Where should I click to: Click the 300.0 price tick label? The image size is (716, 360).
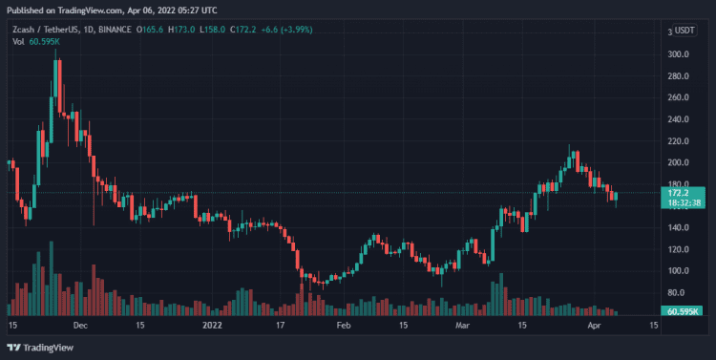click(x=679, y=54)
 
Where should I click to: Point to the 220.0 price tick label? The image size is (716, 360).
click(x=679, y=141)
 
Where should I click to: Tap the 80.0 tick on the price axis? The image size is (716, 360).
click(x=681, y=292)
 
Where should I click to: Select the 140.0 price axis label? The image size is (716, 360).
click(x=679, y=227)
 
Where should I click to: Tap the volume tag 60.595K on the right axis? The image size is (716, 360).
click(x=683, y=311)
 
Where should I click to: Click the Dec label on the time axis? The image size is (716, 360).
click(x=80, y=326)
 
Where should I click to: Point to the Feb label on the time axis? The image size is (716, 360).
click(x=345, y=326)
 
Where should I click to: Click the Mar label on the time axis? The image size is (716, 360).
click(x=462, y=326)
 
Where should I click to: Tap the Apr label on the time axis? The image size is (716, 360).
click(x=594, y=326)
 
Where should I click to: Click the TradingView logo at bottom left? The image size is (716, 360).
click(x=44, y=348)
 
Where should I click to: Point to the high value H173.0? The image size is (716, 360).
click(x=182, y=30)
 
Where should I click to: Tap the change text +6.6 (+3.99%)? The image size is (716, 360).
click(x=305, y=30)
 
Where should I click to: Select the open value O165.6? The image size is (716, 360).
click(x=150, y=30)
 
